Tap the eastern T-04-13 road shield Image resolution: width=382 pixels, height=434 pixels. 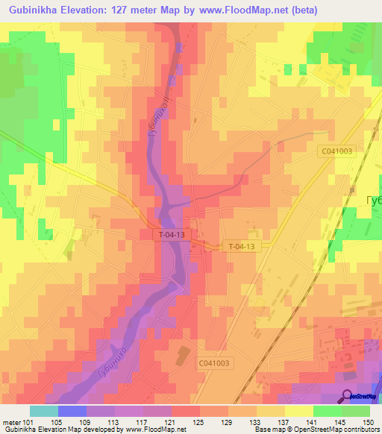point(241,246)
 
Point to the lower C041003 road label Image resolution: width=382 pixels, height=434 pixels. point(216,362)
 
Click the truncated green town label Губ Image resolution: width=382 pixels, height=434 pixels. point(373,201)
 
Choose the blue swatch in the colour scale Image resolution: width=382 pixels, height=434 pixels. point(72,411)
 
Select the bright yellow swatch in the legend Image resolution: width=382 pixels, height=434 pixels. point(298,411)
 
